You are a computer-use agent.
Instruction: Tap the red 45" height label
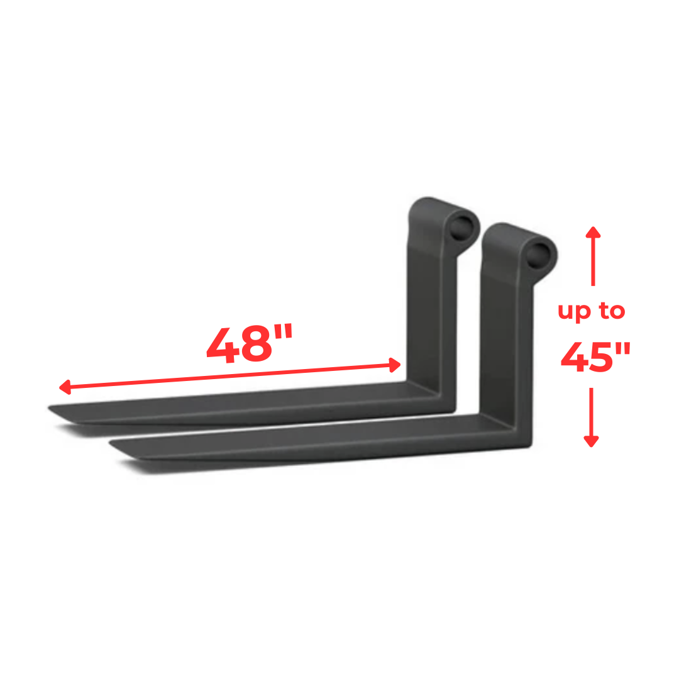(595, 358)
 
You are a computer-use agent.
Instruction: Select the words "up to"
(591, 311)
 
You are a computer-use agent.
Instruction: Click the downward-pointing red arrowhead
(591, 441)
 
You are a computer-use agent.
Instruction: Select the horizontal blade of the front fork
(314, 443)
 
